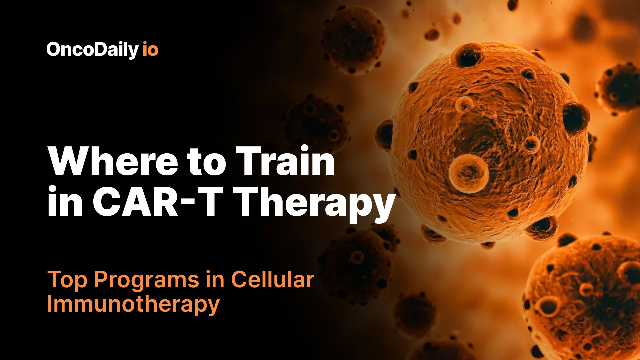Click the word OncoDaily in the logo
coord(92,50)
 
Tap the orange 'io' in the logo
coord(150,50)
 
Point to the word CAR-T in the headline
coord(157,201)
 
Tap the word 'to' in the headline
coord(207,162)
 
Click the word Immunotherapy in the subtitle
coord(133,304)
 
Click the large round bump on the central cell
coord(468,173)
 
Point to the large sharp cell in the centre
coord(487,143)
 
